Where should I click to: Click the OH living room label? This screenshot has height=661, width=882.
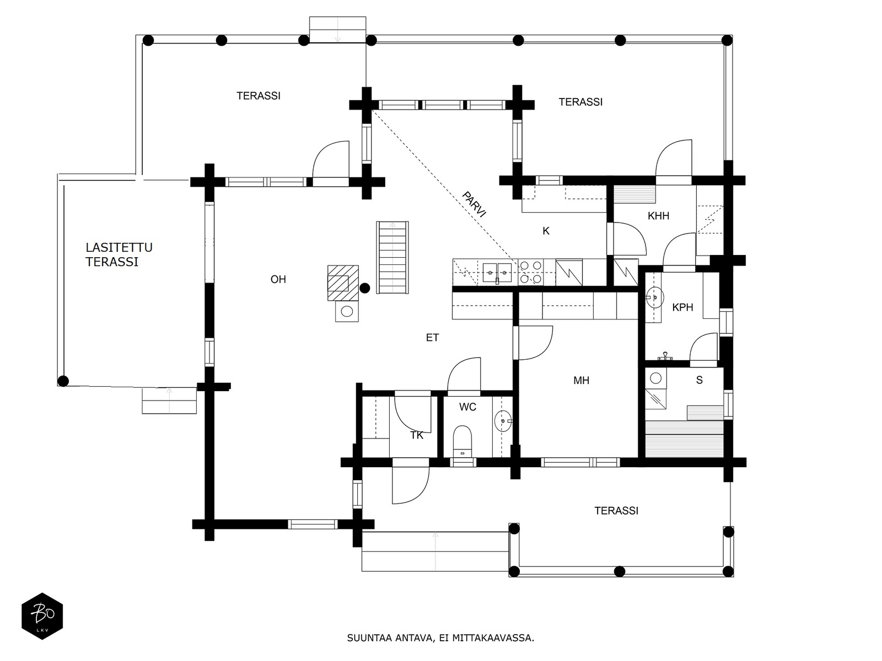pyautogui.click(x=278, y=279)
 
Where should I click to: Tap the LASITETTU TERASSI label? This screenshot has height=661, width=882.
pyautogui.click(x=119, y=254)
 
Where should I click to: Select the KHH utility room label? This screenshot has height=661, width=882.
pyautogui.click(x=658, y=216)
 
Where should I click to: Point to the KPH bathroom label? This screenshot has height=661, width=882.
pyautogui.click(x=682, y=307)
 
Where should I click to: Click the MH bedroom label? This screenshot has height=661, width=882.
pyautogui.click(x=581, y=381)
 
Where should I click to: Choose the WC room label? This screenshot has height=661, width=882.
pyautogui.click(x=467, y=407)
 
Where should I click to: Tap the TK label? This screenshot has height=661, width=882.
pyautogui.click(x=417, y=436)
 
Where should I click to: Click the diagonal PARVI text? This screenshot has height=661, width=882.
pyautogui.click(x=474, y=204)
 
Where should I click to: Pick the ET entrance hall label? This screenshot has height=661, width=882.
pyautogui.click(x=432, y=338)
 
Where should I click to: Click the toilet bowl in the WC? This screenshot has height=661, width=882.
pyautogui.click(x=462, y=441)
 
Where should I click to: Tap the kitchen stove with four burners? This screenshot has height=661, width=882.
pyautogui.click(x=530, y=272)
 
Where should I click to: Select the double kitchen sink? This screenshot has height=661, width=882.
pyautogui.click(x=497, y=273)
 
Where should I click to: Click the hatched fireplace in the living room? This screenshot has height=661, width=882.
pyautogui.click(x=343, y=283)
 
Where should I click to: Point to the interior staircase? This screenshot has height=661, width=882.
pyautogui.click(x=392, y=257)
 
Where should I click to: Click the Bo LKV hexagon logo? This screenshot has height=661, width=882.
pyautogui.click(x=42, y=616)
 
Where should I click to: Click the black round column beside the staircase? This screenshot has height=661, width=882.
pyautogui.click(x=364, y=288)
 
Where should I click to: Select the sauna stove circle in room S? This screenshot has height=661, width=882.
pyautogui.click(x=655, y=378)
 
